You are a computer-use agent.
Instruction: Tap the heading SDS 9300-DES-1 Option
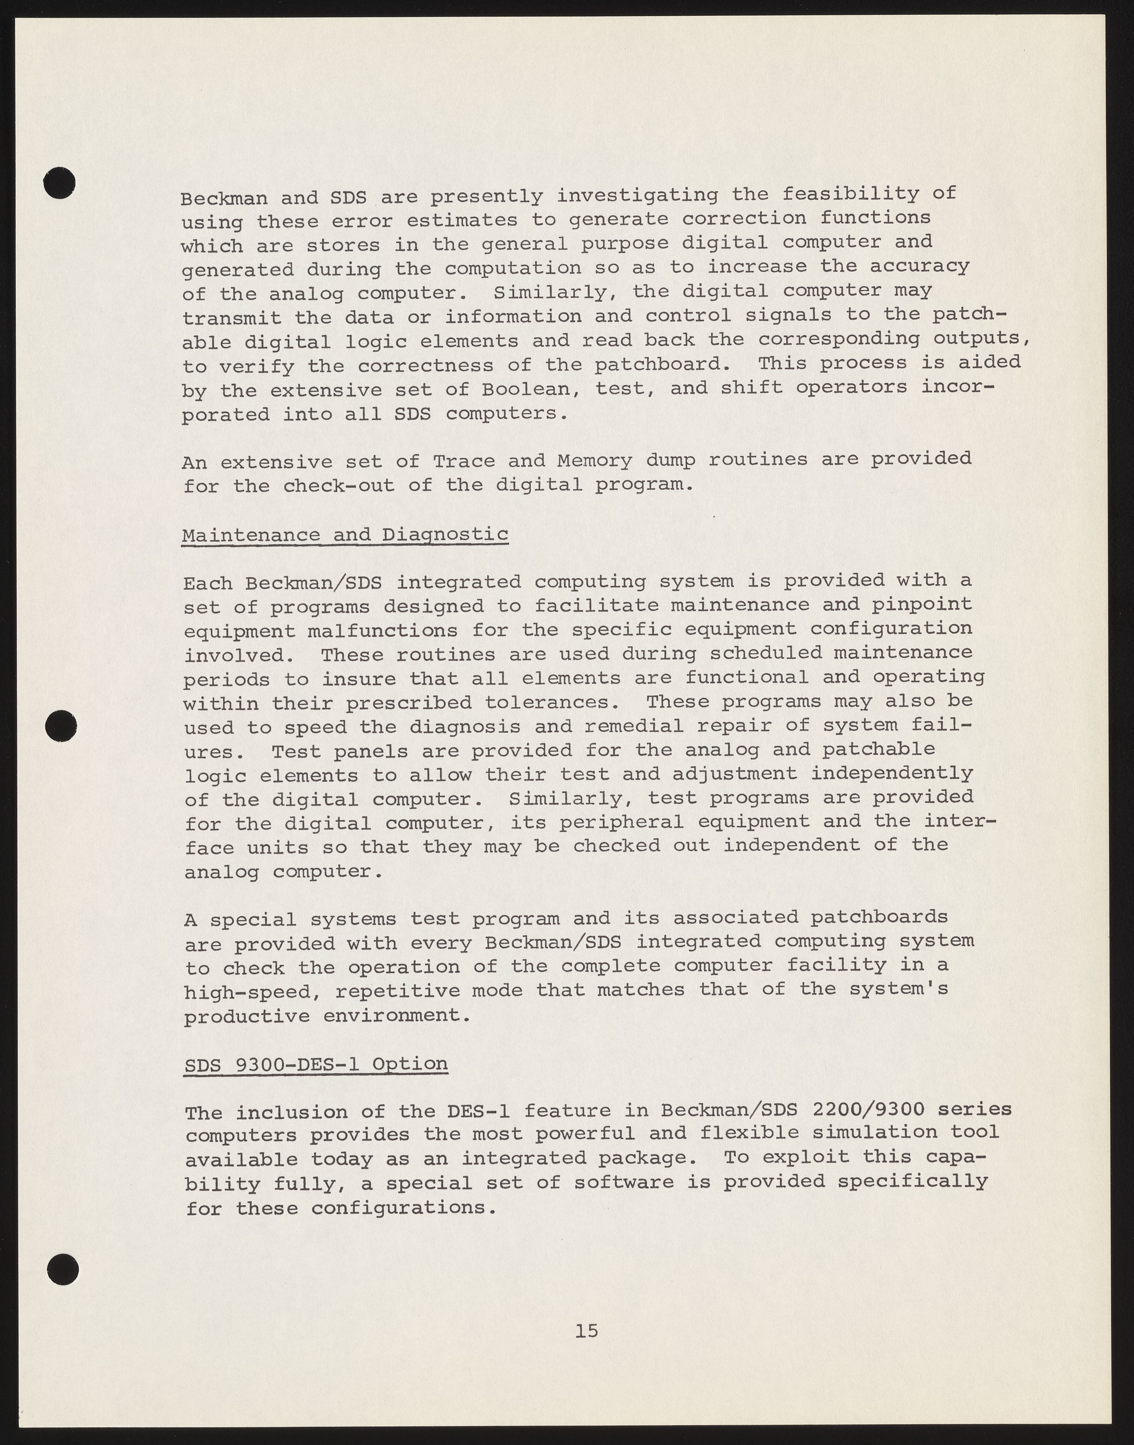tap(316, 1064)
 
